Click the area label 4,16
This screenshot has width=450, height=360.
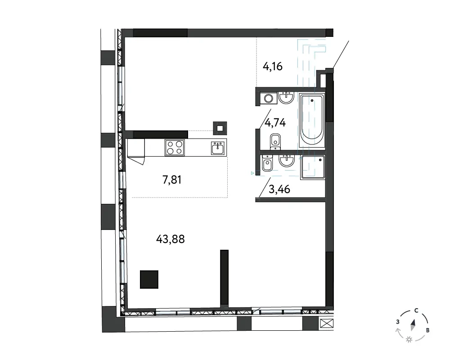(x=273, y=67)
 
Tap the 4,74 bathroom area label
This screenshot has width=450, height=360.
(x=275, y=123)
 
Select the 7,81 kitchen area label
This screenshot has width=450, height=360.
(x=172, y=180)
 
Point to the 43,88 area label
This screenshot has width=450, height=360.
(x=171, y=239)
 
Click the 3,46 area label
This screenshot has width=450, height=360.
(x=279, y=189)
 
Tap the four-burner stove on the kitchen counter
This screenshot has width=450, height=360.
(x=175, y=148)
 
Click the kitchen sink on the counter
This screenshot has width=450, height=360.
(x=219, y=148)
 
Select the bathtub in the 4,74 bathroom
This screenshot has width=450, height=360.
(x=312, y=120)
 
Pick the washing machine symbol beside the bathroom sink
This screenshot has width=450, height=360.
(x=269, y=99)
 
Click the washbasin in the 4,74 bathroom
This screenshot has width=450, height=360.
(x=286, y=98)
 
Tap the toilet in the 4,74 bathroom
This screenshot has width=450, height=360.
(x=275, y=142)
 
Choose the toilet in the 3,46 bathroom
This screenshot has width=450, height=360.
(x=267, y=163)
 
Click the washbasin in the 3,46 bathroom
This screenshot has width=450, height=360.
(x=287, y=161)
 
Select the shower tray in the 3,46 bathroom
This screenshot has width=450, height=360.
(x=313, y=167)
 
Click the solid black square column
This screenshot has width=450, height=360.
(x=149, y=279)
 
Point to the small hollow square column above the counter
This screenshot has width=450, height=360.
(x=220, y=128)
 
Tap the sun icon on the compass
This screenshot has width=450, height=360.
(x=409, y=340)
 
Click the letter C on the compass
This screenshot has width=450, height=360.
(x=416, y=310)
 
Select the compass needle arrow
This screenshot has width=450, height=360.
(x=413, y=325)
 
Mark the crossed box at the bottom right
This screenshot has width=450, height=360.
(x=327, y=323)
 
